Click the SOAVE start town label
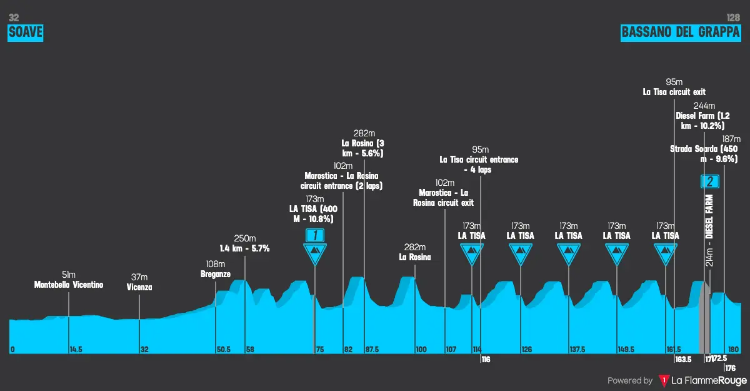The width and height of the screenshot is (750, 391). click(25, 33)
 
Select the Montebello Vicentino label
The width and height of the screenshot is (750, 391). click(69, 285)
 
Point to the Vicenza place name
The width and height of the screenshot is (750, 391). click(139, 288)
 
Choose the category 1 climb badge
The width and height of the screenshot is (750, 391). click(315, 235)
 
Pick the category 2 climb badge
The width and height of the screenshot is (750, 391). click(711, 181)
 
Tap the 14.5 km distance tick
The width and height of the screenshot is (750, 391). click(76, 349)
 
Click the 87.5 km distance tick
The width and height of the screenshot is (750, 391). click(372, 349)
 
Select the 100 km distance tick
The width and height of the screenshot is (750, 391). click(421, 349)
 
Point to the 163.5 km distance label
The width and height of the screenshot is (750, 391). click(683, 359)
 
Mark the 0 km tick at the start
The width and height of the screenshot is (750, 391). click(12, 349)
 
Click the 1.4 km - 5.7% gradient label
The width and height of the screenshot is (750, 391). click(244, 248)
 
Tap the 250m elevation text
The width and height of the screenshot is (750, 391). click(245, 238)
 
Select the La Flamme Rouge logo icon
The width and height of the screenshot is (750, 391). click(664, 380)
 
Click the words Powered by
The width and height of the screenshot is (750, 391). click(630, 380)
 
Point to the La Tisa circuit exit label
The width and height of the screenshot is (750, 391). click(674, 92)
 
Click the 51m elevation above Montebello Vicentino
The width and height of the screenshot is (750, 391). click(69, 275)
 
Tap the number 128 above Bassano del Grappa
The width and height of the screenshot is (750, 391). click(733, 18)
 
